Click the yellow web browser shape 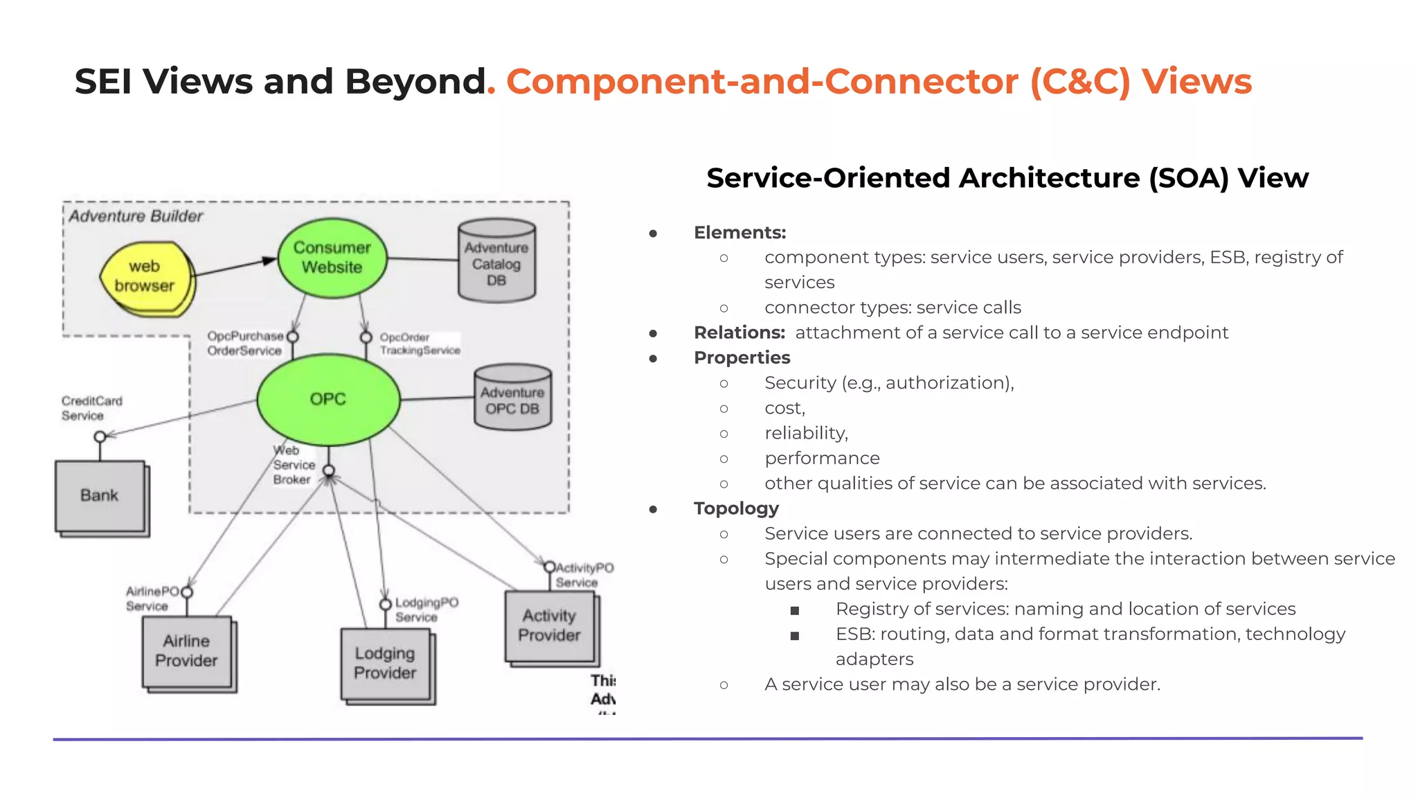click(145, 278)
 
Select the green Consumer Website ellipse click(332, 258)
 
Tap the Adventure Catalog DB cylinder click(496, 262)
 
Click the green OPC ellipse click(328, 400)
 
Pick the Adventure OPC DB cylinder click(512, 399)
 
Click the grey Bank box click(100, 496)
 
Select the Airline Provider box click(186, 651)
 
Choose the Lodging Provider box click(385, 664)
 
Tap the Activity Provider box click(550, 626)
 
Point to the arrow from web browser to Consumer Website click(235, 267)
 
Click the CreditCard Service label click(91, 408)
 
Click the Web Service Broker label click(294, 465)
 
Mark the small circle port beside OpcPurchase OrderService click(293, 337)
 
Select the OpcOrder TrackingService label click(419, 344)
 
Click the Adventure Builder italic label click(136, 217)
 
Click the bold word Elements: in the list click(739, 233)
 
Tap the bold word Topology click(736, 508)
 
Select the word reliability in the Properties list click(805, 434)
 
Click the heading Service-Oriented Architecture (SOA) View click(1007, 178)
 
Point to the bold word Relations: click(739, 333)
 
